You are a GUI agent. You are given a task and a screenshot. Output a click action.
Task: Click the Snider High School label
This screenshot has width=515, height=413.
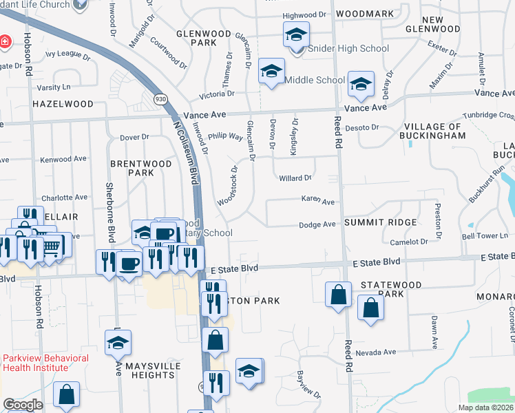coord(348,49)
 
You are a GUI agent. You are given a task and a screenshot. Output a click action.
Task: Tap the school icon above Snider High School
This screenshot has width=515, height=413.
coord(296,34)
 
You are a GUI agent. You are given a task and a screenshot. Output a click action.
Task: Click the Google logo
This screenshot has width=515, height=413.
coord(23,405)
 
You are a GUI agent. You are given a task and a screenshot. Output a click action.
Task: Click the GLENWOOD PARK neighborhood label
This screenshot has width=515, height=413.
coord(197,38)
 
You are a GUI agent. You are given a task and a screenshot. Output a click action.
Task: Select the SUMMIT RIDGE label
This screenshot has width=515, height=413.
coord(380,222)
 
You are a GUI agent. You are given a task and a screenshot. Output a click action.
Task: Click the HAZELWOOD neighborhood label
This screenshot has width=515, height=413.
coord(63,104)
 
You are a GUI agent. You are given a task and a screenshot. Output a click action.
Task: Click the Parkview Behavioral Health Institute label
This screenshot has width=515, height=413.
coord(45,363)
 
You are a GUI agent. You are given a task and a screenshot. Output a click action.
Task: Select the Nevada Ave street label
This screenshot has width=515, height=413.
coord(379,352)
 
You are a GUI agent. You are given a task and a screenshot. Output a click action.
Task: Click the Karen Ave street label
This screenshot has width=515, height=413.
coord(317,202)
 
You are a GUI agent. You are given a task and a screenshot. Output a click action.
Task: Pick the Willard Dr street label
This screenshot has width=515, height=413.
coord(295,178)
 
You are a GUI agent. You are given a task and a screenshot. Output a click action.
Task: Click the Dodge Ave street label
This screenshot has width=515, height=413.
coord(317,224)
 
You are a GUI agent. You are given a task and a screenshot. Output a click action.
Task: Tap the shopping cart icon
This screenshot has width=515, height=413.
coord(51,246)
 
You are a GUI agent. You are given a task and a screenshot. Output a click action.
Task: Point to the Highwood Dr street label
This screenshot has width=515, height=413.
coord(304,14)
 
